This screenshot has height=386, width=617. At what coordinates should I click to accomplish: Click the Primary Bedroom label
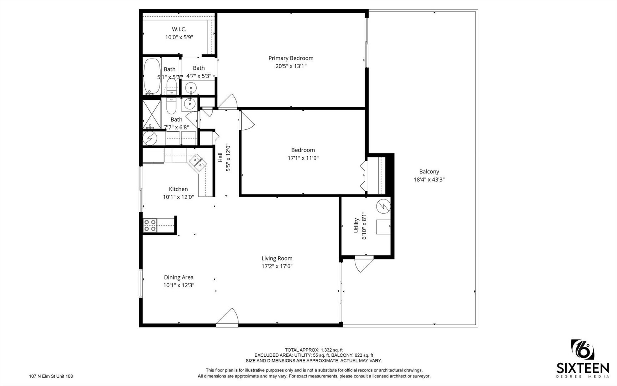pos(291,58)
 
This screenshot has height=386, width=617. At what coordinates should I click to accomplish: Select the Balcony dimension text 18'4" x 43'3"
pos(429,180)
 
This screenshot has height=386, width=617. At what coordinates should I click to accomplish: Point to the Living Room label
pos(277,258)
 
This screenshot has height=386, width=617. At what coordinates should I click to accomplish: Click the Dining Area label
pos(179,277)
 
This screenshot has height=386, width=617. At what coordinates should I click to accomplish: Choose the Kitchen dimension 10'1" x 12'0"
pos(178,197)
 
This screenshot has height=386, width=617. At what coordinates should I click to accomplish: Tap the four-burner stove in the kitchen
pos(150,226)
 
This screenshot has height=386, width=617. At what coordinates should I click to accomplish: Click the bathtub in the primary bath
pos(152,76)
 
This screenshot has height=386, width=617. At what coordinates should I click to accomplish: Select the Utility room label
pos(356,226)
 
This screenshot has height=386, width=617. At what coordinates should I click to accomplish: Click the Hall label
pos(220,158)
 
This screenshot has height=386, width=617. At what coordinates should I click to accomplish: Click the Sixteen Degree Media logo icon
pos(583,350)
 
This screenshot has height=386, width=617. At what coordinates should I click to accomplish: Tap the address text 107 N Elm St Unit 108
pos(51,376)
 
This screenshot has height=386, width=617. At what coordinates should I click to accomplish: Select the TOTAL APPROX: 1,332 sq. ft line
pos(314,350)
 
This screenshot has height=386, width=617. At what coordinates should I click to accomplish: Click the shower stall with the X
pos(152,114)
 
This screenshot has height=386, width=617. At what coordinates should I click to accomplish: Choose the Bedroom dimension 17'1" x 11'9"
pos(303,158)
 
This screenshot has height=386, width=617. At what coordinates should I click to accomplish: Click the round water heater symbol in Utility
pos(383,206)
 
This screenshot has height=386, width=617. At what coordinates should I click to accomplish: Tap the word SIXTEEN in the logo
pos(583,368)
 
